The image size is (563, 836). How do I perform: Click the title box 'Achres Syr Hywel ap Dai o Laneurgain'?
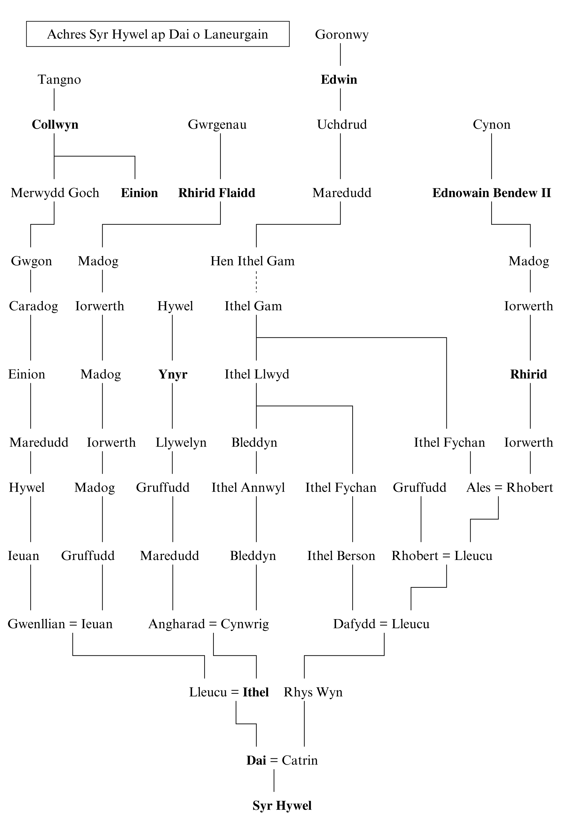click(158, 34)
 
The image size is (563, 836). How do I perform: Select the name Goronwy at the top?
click(342, 34)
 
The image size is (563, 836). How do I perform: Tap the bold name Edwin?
click(339, 79)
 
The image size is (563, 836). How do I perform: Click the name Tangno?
click(59, 79)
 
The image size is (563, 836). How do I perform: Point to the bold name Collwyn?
click(55, 124)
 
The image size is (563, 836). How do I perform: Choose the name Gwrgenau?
click(217, 124)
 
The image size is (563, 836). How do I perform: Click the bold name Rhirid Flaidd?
click(216, 193)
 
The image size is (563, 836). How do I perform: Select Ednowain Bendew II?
click(491, 193)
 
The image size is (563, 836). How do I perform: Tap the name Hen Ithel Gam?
click(252, 261)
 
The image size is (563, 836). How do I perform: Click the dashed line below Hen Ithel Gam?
click(256, 282)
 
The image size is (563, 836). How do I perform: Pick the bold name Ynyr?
click(173, 374)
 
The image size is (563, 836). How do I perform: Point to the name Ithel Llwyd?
click(257, 374)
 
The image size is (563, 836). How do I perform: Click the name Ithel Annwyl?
click(248, 487)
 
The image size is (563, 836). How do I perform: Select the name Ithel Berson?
click(341, 556)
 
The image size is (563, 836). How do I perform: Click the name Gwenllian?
click(36, 624)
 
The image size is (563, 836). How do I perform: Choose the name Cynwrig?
click(245, 624)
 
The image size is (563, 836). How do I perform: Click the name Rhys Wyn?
click(313, 692)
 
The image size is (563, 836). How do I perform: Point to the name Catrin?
click(300, 761)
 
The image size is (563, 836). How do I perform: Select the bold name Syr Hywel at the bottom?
click(282, 805)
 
